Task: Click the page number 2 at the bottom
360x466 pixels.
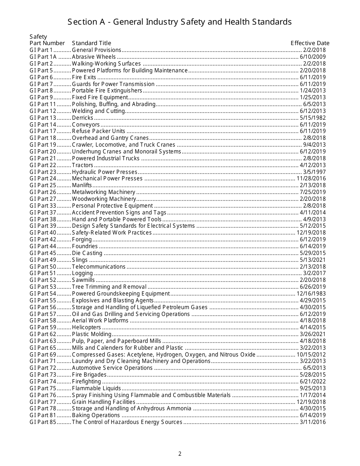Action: (x=180, y=454)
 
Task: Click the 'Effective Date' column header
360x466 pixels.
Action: (x=310, y=43)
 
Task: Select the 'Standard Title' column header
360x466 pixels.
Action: (x=92, y=43)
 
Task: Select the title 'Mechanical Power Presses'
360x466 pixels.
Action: (x=107, y=178)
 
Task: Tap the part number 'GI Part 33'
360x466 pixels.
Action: (x=43, y=206)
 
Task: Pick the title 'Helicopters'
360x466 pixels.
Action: (x=86, y=327)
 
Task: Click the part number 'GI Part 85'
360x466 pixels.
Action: (x=43, y=422)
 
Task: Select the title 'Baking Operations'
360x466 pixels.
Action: (x=96, y=415)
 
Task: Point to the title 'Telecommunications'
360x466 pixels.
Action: (x=99, y=267)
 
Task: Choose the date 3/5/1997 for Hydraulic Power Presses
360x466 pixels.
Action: (x=314, y=172)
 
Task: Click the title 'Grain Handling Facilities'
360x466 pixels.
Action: (x=103, y=402)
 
